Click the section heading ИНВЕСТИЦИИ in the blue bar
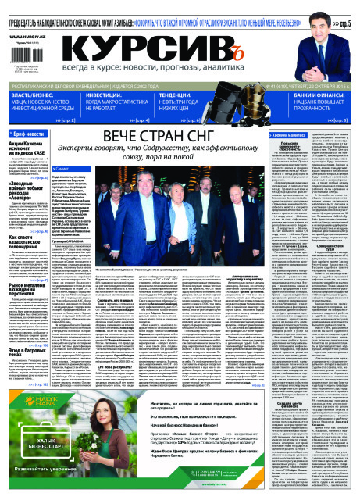[x=106, y=94]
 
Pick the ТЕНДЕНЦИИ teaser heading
[x=180, y=94]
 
